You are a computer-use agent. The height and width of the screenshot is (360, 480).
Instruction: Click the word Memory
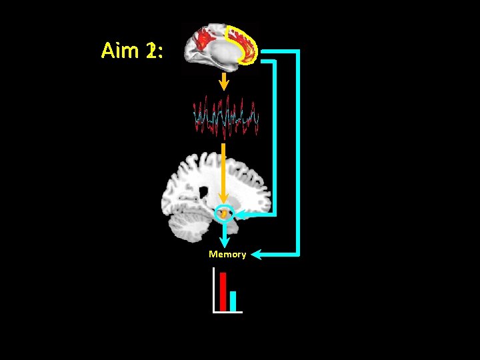227,254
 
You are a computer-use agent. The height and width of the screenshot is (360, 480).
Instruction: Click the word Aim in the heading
122,51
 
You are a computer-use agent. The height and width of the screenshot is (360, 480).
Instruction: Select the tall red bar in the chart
223,291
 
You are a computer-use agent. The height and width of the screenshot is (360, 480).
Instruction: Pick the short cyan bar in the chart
233,301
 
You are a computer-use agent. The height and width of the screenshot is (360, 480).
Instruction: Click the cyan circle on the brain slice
225,213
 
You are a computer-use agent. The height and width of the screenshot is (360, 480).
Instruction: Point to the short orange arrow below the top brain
225,81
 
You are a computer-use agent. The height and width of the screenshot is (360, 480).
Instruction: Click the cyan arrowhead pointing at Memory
257,254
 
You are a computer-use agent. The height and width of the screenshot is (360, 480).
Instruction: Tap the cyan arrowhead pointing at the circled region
241,213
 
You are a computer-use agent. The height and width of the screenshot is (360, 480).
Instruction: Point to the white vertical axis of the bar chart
213,290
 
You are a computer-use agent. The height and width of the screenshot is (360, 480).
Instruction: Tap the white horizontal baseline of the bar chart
227,311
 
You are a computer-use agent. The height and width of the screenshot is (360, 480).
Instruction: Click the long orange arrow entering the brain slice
223,173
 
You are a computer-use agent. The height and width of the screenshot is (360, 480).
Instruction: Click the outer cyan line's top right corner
298,51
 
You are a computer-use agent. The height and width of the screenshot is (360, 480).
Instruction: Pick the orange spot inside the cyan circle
225,213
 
